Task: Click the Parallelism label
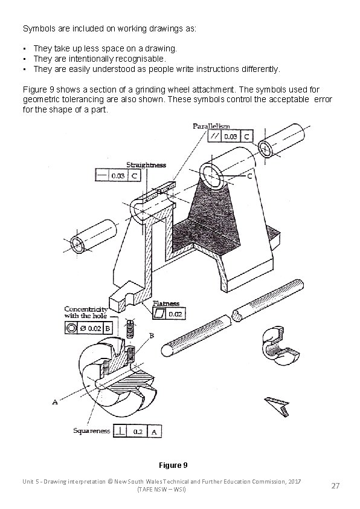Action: (x=211, y=126)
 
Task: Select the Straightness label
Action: (x=146, y=164)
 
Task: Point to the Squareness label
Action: (x=91, y=431)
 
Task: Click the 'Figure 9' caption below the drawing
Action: (x=173, y=465)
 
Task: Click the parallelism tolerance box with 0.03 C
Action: (x=230, y=137)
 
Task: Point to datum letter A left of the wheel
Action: (x=56, y=401)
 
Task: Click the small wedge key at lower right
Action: (x=277, y=405)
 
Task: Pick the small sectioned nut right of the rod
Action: (x=276, y=348)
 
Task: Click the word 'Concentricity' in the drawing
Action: (x=86, y=309)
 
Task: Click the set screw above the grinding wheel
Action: (x=130, y=329)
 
